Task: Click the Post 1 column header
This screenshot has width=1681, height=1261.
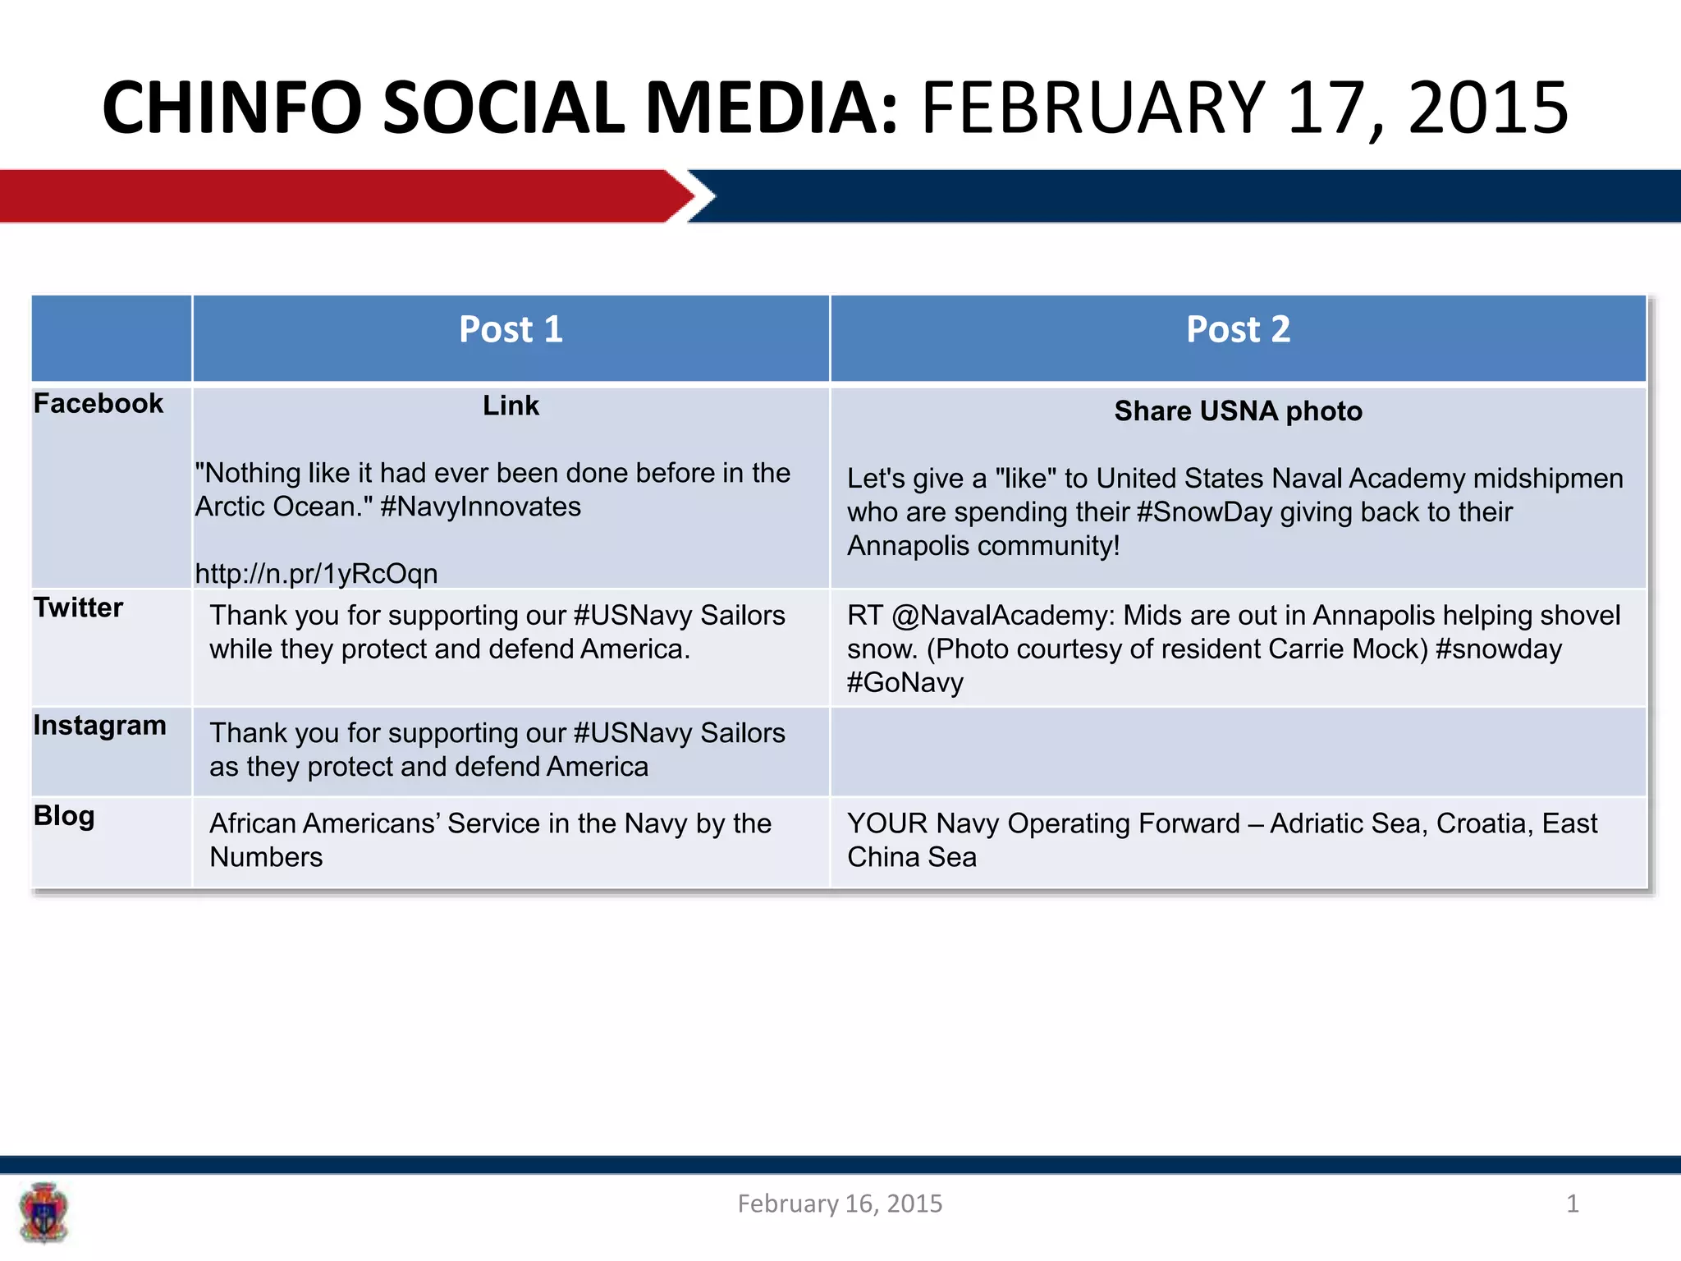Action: click(x=511, y=330)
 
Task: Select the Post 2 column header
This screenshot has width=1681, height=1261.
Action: click(x=1238, y=330)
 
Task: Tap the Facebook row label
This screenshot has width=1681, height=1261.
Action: click(x=98, y=404)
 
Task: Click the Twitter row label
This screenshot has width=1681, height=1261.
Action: click(x=78, y=608)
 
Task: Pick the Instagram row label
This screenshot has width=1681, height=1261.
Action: click(x=99, y=726)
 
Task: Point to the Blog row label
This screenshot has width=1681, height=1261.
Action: click(x=64, y=816)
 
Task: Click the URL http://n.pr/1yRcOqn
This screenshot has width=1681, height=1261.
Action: click(x=316, y=573)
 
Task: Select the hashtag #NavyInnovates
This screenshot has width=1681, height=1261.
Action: click(x=481, y=507)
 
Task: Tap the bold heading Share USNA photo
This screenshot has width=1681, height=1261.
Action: click(x=1238, y=411)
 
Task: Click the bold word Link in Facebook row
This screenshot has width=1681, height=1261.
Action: click(x=511, y=406)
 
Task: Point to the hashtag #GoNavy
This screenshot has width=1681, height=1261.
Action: click(x=905, y=683)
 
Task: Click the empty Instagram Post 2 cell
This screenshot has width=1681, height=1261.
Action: click(x=1238, y=751)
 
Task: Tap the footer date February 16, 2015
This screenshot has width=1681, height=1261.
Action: click(x=840, y=1204)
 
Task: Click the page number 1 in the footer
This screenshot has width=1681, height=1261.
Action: click(x=1572, y=1204)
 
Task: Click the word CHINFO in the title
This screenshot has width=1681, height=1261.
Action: click(x=231, y=108)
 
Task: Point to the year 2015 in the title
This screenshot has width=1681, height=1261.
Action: click(x=1487, y=108)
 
